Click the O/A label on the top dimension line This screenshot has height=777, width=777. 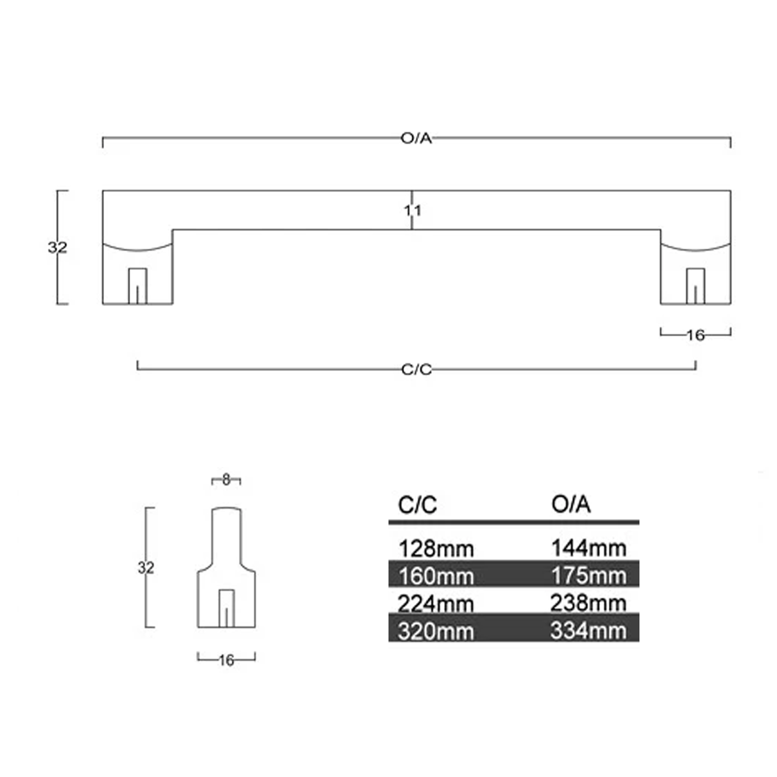(x=416, y=138)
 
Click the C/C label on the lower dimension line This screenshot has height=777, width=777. (x=416, y=369)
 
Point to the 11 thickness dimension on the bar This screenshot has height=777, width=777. (x=413, y=210)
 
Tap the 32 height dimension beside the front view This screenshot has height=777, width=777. (x=57, y=247)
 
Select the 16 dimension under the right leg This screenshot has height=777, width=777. (x=696, y=335)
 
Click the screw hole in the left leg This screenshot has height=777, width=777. (x=138, y=286)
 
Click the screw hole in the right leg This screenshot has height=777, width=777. (x=695, y=286)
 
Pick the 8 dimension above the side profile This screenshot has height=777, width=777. (x=226, y=480)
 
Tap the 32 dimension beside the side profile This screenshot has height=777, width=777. (x=146, y=568)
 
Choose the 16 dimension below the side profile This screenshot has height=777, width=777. (x=226, y=660)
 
